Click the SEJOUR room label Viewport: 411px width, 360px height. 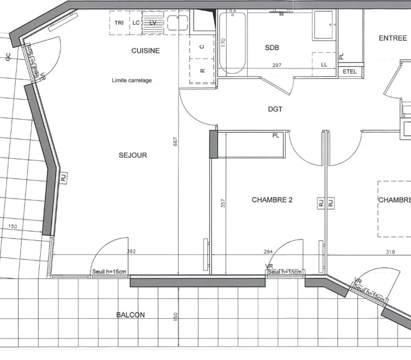pos(133,155)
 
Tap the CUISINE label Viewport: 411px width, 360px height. pos(146,51)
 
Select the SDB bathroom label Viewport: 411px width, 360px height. pos(272,48)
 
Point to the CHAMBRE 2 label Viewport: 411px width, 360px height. pos(272,200)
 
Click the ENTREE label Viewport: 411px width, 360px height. pos(393,38)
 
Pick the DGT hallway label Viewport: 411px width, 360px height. pos(275,109)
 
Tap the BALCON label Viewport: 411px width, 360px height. pos(130,315)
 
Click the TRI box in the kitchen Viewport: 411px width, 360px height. pos(119,23)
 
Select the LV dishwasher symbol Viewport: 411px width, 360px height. pos(153,23)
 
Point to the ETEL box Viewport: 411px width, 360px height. pos(350,72)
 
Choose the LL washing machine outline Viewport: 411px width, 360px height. pos(324,64)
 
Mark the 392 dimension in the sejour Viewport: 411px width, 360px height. pos(131,251)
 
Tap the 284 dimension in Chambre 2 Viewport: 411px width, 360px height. pos(268,252)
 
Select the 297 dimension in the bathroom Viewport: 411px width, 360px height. pos(277,65)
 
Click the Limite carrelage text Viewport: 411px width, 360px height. pos(132,81)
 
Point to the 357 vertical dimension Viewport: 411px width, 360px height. pos(223,205)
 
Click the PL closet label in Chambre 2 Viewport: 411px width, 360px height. pos(276,136)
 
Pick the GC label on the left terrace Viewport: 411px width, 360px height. pos(8,57)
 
